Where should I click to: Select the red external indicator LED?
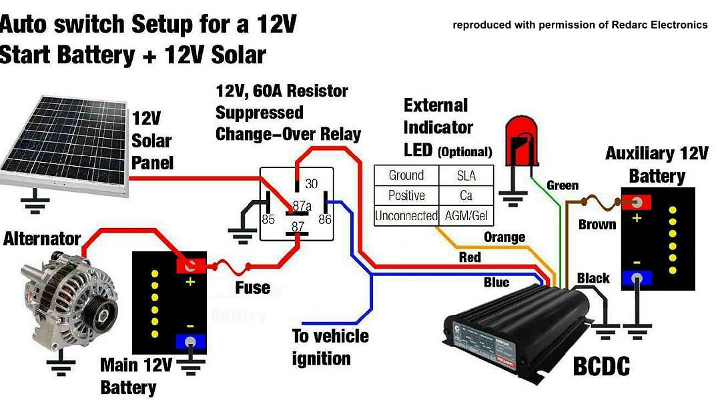[522, 141]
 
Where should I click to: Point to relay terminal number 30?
[312, 183]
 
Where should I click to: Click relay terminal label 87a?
[302, 206]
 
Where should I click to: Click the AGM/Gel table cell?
[466, 215]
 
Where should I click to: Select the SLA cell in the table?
[466, 175]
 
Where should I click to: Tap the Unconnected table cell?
[406, 215]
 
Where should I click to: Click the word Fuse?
[252, 288]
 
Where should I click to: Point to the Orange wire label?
[504, 237]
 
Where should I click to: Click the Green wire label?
[562, 185]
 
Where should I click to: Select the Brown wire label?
[597, 225]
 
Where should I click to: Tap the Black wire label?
[593, 278]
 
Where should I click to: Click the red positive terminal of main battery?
[190, 265]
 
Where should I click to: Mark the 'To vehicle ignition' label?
[330, 347]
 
